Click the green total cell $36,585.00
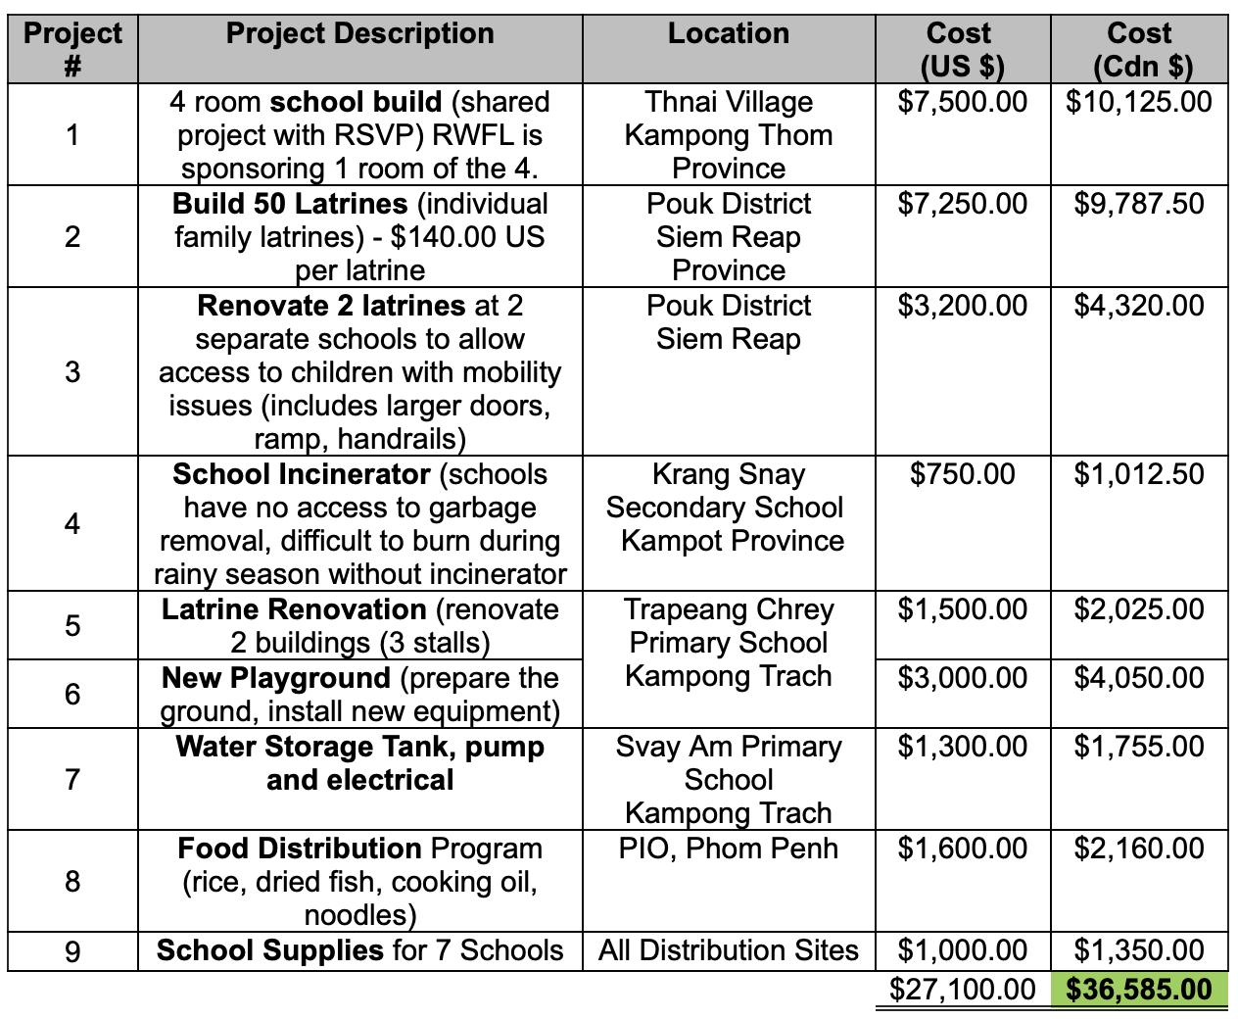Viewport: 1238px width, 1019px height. pyautogui.click(x=1138, y=989)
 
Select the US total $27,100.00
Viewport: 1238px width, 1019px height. pyautogui.click(x=962, y=989)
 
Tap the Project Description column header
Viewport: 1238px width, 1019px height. pyautogui.click(x=359, y=34)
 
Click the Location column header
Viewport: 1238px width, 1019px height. pyautogui.click(x=728, y=34)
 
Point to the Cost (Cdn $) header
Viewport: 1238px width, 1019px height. pyautogui.click(x=1138, y=49)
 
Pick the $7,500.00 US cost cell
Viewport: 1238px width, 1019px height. pyautogui.click(x=962, y=102)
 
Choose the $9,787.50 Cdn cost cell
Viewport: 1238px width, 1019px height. pyautogui.click(x=1138, y=204)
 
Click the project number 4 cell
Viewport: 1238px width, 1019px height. pyautogui.click(x=72, y=523)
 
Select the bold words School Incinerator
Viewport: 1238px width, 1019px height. pyautogui.click(x=301, y=474)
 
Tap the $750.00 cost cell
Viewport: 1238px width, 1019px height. pyautogui.click(x=962, y=474)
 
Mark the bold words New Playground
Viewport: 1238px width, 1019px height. pyautogui.click(x=276, y=678)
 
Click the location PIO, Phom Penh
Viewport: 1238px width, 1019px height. pyautogui.click(x=728, y=849)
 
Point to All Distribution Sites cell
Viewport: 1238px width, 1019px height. pyautogui.click(x=728, y=950)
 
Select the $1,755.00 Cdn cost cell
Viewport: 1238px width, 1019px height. pyautogui.click(x=1138, y=747)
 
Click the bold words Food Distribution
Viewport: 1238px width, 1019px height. pyautogui.click(x=300, y=849)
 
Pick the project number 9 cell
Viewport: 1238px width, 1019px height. pyautogui.click(x=72, y=951)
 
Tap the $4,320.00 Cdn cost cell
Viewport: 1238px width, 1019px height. pyautogui.click(x=1138, y=306)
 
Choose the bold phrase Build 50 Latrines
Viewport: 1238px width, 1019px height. pyautogui.click(x=290, y=204)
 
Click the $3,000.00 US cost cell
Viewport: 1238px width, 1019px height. pyautogui.click(x=962, y=678)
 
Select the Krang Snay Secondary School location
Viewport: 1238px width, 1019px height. pyautogui.click(x=725, y=508)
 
